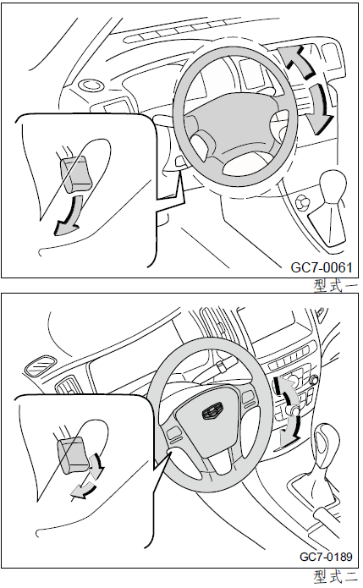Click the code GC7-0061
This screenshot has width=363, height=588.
(x=322, y=267)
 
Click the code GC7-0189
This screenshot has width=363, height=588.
(x=326, y=557)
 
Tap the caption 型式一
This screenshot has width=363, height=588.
(x=336, y=286)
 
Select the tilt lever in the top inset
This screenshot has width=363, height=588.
(x=76, y=174)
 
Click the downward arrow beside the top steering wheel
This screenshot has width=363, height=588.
(x=320, y=109)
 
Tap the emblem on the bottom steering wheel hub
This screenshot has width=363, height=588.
(x=212, y=412)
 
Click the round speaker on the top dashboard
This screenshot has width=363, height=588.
(x=91, y=85)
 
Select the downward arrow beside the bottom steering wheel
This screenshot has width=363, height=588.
(x=291, y=432)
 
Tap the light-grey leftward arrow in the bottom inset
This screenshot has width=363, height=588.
(x=84, y=491)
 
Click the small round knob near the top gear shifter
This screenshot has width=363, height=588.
(x=302, y=204)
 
